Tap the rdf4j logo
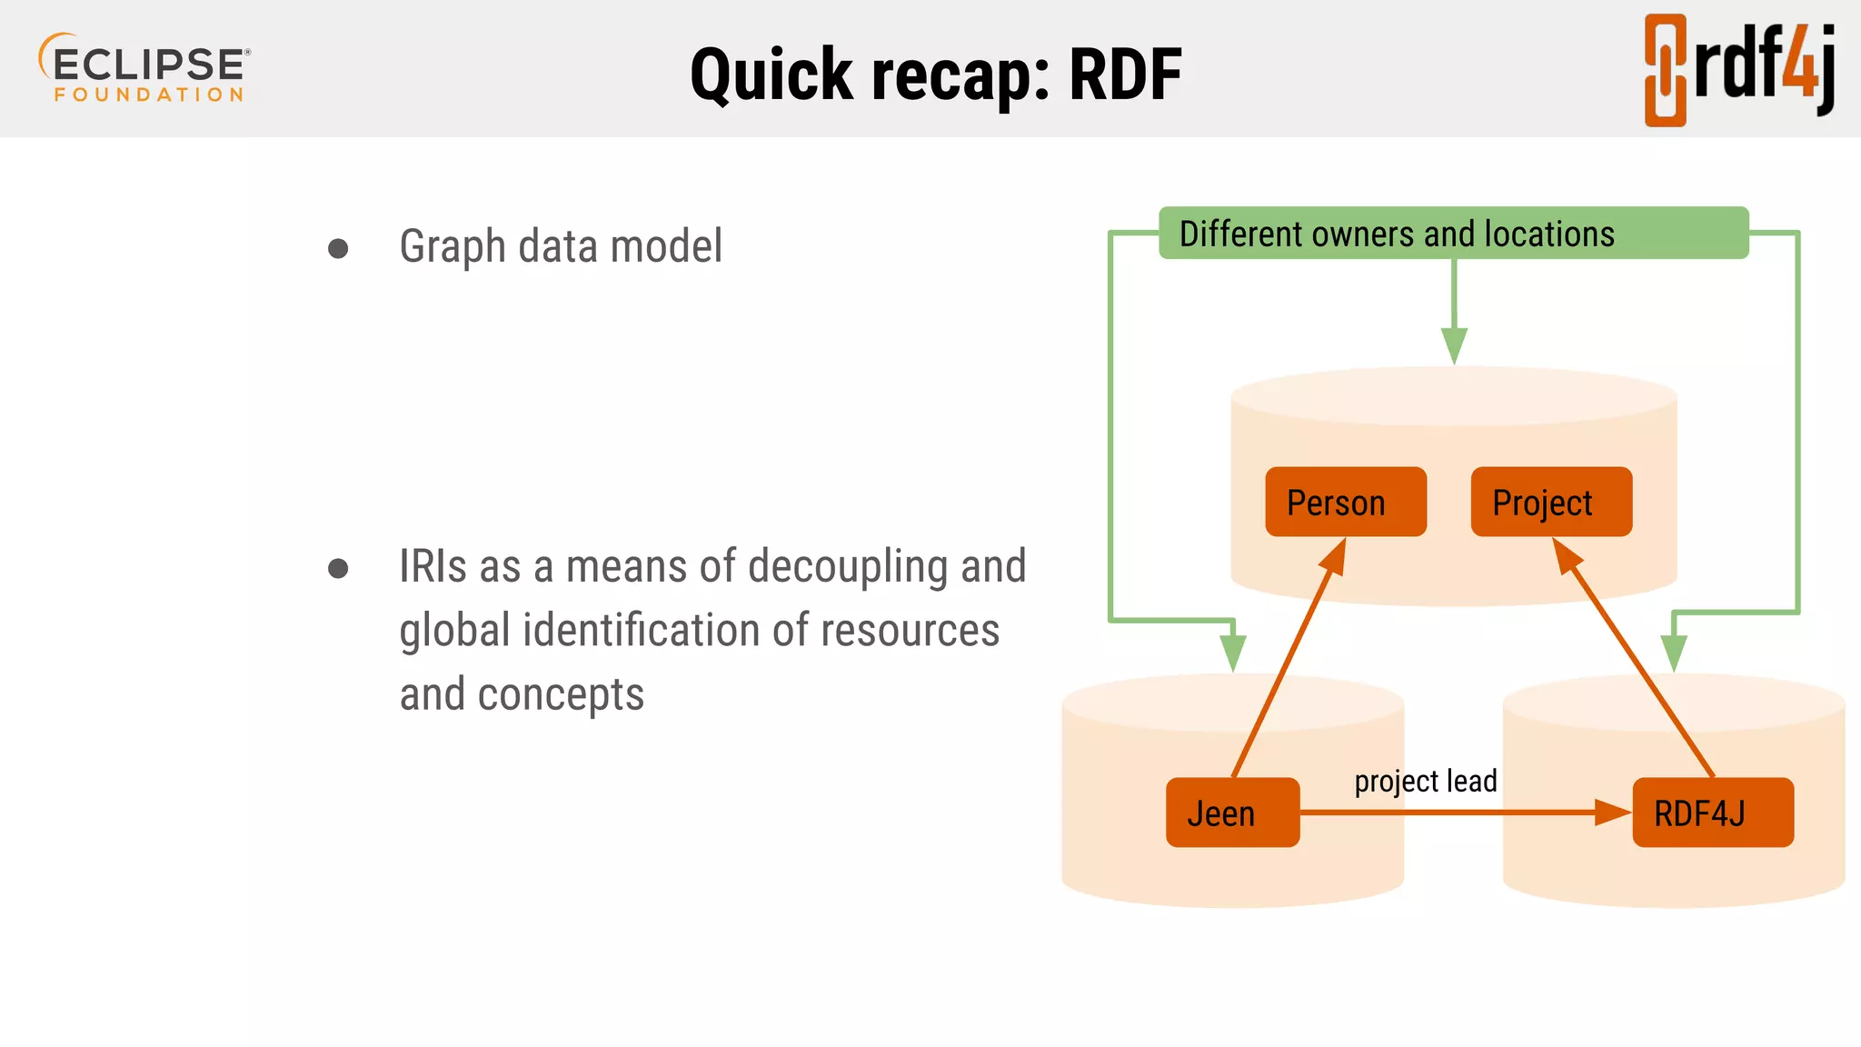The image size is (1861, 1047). (x=1739, y=69)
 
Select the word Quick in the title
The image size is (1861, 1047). (x=772, y=75)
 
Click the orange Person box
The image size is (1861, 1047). (x=1345, y=502)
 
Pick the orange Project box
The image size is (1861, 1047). (x=1550, y=502)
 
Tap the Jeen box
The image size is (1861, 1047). (x=1232, y=813)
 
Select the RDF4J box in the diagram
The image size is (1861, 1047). (x=1712, y=813)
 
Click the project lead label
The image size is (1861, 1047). (x=1425, y=781)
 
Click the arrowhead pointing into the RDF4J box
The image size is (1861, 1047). (x=1612, y=812)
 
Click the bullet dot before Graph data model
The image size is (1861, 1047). (x=338, y=248)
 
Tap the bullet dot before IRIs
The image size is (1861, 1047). (x=338, y=569)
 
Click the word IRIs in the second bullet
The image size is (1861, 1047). (x=433, y=566)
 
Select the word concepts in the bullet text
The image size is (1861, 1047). (x=561, y=695)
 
